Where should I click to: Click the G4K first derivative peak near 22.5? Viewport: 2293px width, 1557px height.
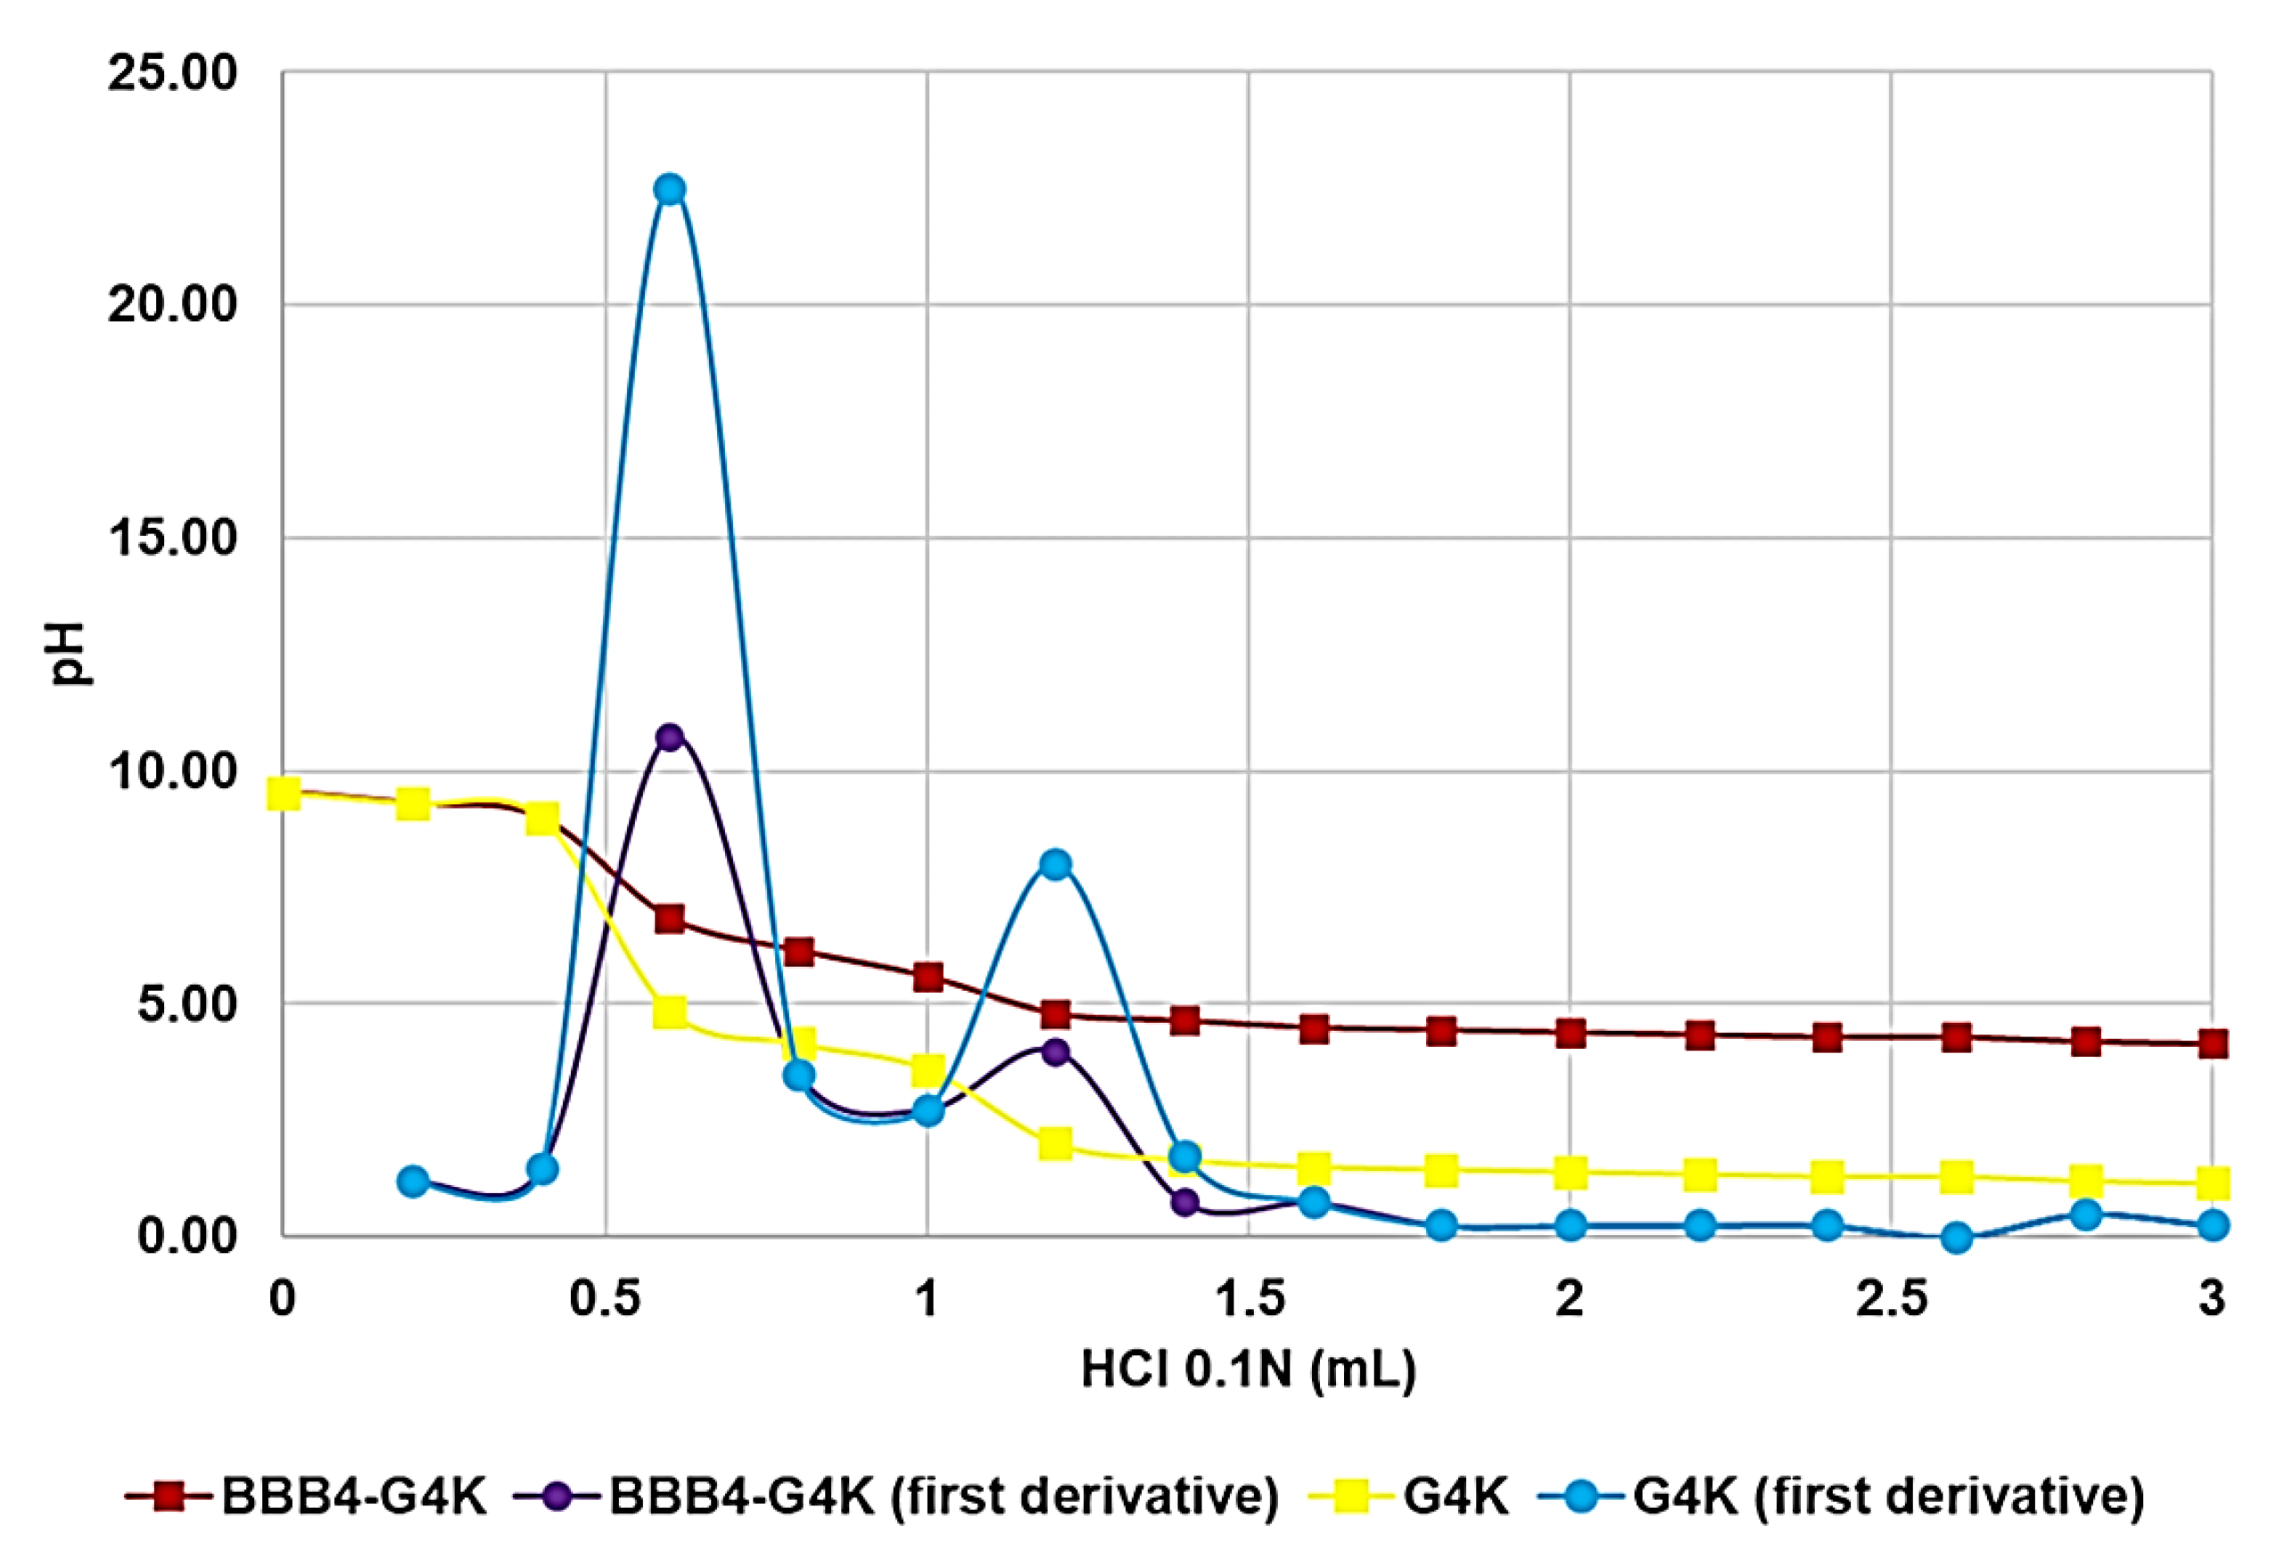670,188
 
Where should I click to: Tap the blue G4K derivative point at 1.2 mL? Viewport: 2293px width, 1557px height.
1055,864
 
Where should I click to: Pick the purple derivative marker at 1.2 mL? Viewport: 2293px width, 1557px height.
1055,1050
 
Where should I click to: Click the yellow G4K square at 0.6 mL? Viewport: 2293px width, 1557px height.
670,1012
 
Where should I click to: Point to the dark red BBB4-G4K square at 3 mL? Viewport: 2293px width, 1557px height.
2213,1044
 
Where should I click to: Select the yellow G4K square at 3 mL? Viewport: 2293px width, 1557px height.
2213,1182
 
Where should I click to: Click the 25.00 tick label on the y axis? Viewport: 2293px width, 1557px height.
173,73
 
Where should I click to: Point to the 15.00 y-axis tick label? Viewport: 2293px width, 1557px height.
173,539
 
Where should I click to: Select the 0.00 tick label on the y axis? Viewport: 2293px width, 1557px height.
187,1236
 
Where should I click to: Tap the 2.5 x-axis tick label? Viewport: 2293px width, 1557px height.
1891,1299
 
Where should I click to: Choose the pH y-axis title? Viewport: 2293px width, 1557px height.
69,652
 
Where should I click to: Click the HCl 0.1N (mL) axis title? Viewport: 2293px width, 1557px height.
1248,1371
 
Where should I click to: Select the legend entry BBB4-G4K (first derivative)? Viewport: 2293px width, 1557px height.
942,1497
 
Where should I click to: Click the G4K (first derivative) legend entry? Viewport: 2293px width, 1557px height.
1887,1497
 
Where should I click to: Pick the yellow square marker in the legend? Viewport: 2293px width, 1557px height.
1356,1497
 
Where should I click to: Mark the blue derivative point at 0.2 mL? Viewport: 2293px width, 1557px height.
414,1181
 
